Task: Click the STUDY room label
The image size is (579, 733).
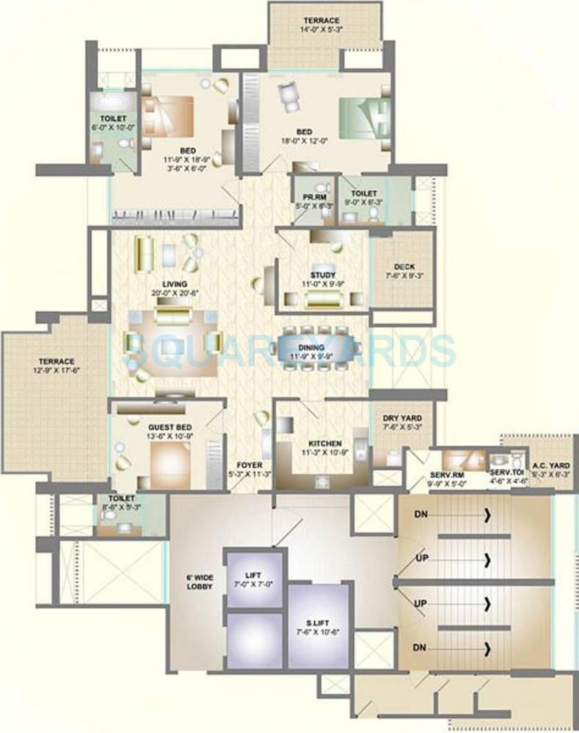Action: click(323, 275)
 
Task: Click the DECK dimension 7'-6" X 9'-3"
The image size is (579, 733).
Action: click(404, 276)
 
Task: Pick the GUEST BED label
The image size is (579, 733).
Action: click(170, 427)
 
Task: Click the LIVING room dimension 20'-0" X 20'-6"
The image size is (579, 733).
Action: click(175, 293)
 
